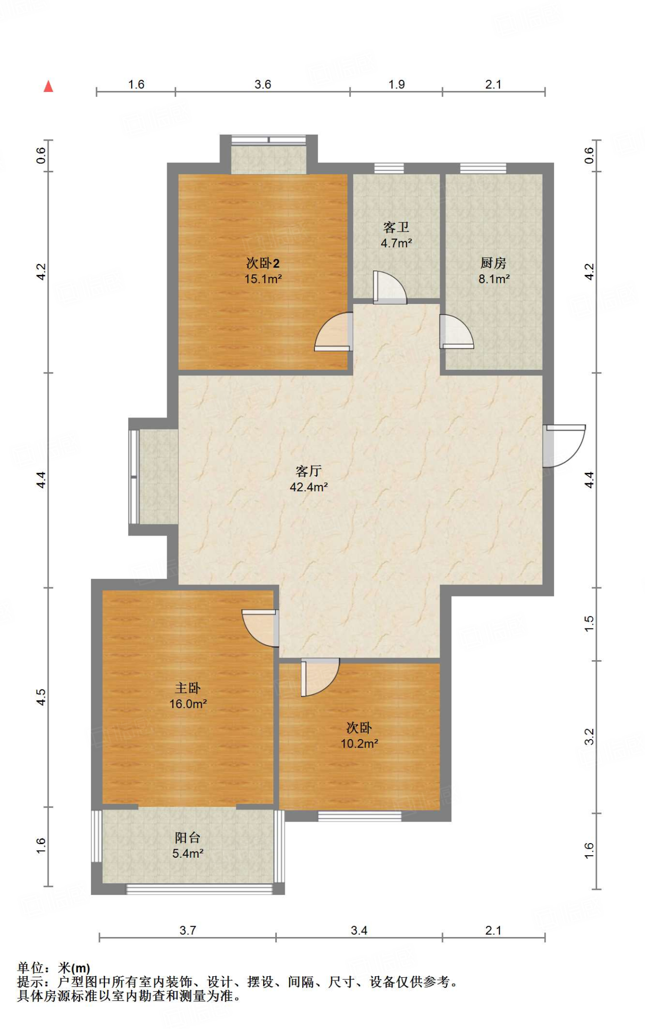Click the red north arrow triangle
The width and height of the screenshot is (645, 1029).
click(48, 86)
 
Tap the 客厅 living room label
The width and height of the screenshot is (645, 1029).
click(308, 471)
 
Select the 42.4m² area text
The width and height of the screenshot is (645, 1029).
click(309, 487)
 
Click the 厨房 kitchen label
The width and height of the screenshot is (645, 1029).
click(493, 263)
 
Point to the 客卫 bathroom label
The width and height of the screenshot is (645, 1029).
click(396, 228)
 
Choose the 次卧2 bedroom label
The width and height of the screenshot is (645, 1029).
click(263, 263)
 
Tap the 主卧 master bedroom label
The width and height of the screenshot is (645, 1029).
click(188, 688)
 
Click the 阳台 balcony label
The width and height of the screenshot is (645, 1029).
click(188, 838)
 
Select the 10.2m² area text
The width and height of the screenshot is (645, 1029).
click(360, 744)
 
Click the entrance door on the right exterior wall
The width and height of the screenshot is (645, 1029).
click(565, 446)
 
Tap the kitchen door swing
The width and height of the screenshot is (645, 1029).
click(457, 332)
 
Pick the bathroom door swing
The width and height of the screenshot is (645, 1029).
click(390, 287)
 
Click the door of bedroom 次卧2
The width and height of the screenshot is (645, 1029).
click(333, 332)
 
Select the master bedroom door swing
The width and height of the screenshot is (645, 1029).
click(260, 628)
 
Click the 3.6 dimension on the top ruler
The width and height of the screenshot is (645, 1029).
click(263, 84)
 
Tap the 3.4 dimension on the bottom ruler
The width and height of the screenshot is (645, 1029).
click(359, 931)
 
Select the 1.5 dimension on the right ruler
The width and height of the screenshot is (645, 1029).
click(589, 624)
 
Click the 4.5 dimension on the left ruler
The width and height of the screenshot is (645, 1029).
click(41, 697)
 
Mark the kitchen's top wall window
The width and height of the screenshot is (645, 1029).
click(483, 168)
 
